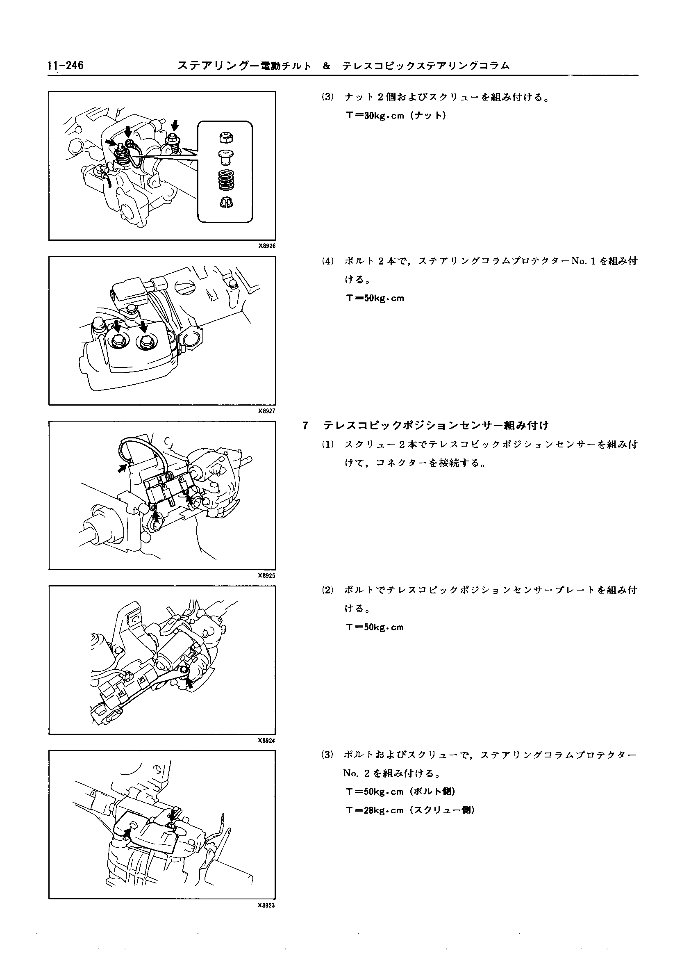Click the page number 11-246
[x=66, y=66]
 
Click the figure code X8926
[x=267, y=246]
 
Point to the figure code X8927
[x=267, y=411]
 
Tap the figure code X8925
[x=267, y=576]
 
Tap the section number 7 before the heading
[x=305, y=426]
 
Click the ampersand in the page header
[x=326, y=66]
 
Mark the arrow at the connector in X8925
[x=122, y=468]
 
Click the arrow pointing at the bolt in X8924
[x=189, y=683]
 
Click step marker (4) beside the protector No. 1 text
[x=327, y=261]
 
